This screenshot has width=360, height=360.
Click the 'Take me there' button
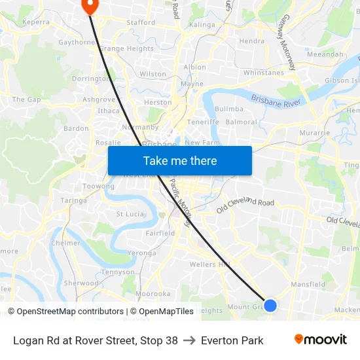click(180, 160)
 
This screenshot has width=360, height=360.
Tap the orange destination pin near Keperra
click(89, 5)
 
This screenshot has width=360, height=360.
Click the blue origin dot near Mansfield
click(270, 305)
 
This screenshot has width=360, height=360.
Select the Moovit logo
click(320, 340)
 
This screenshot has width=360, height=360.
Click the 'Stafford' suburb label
click(141, 22)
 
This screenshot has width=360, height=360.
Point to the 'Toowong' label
click(98, 186)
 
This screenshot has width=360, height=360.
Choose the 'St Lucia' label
click(130, 214)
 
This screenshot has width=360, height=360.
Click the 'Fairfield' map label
click(160, 233)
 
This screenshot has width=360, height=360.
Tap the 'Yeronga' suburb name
click(142, 253)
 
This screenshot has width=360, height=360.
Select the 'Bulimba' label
click(229, 109)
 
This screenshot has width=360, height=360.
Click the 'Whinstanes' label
click(264, 73)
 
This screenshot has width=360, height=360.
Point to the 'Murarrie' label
click(315, 132)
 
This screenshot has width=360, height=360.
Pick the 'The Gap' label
click(26, 99)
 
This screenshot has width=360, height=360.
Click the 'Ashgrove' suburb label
click(99, 100)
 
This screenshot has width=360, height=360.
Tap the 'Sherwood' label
click(81, 283)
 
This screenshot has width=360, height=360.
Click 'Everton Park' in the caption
click(232, 340)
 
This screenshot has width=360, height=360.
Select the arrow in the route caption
click(189, 340)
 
